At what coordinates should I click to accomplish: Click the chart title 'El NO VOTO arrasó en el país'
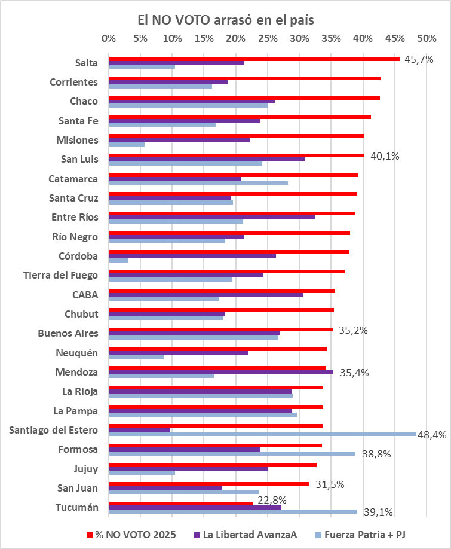(x=226, y=20)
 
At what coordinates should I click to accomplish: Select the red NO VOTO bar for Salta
(x=254, y=59)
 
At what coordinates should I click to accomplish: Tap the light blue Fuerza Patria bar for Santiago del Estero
(x=262, y=435)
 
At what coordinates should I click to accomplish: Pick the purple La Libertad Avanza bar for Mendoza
(x=221, y=372)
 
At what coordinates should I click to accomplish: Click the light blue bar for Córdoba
(x=118, y=261)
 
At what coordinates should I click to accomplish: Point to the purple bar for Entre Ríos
(x=212, y=217)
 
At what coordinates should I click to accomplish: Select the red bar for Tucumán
(x=181, y=503)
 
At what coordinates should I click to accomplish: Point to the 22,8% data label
(x=272, y=499)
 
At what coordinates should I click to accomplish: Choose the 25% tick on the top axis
(x=268, y=38)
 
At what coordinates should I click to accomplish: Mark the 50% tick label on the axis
(x=427, y=38)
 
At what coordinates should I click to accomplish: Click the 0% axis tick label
(x=109, y=38)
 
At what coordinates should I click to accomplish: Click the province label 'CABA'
(x=85, y=294)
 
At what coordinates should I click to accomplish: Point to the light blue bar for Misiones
(x=127, y=144)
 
